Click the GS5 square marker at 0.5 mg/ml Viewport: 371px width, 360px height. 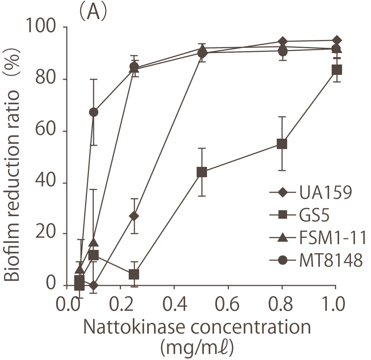click(x=201, y=172)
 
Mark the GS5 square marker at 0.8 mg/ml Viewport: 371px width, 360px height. click(x=282, y=144)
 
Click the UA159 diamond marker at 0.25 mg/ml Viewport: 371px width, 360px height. click(x=134, y=216)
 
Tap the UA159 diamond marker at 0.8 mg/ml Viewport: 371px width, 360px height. click(x=282, y=41)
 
